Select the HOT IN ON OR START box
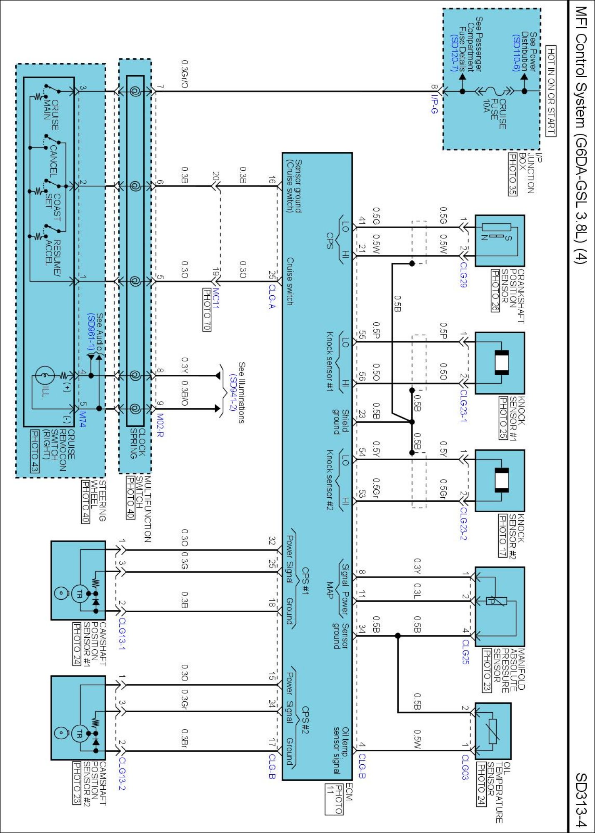tap(551, 90)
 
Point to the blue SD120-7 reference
tap(455, 53)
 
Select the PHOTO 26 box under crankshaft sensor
tap(495, 290)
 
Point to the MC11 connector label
tap(216, 298)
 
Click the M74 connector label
tap(82, 419)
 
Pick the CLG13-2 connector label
tap(122, 773)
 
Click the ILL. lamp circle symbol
tap(44, 376)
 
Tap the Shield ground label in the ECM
tap(341, 421)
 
